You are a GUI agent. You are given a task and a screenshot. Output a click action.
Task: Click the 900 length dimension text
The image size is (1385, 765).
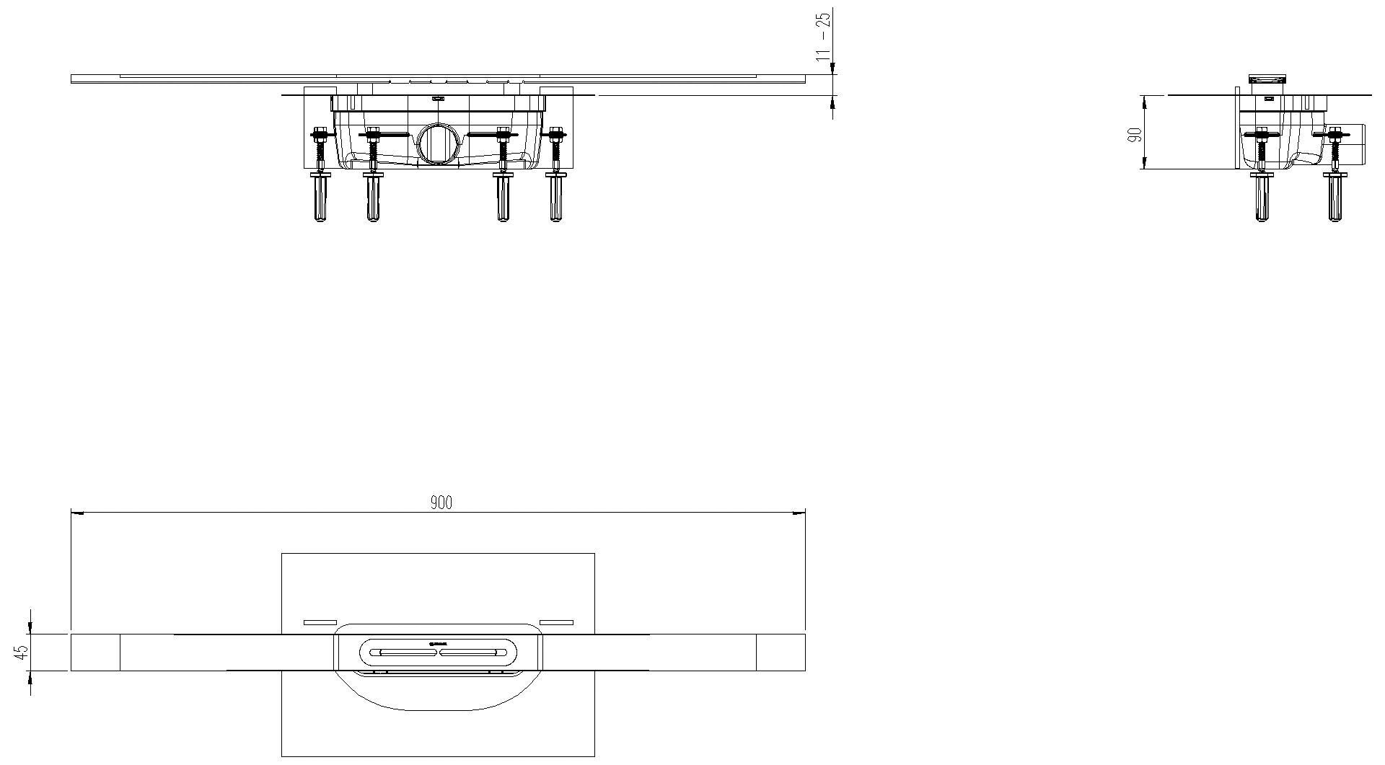[x=441, y=503]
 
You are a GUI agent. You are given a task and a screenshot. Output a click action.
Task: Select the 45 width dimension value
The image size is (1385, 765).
[x=22, y=652]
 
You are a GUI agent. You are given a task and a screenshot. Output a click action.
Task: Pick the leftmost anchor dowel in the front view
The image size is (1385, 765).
[x=319, y=198]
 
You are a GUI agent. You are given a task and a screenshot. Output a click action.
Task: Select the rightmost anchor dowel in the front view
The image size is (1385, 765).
[x=555, y=198]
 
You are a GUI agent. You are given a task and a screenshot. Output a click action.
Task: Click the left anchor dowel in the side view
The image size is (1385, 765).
[x=1262, y=198]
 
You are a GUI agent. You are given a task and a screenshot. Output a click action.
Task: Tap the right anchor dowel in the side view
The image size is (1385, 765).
[x=1332, y=198]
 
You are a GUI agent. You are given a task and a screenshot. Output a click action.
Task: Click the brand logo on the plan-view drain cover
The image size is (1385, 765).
[x=439, y=643]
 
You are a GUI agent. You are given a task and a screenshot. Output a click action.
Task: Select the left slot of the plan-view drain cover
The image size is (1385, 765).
[x=403, y=652]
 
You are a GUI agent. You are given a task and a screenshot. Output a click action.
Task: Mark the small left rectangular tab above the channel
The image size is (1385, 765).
[x=320, y=622]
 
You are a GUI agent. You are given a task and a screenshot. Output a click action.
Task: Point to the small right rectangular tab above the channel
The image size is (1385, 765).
[x=556, y=622]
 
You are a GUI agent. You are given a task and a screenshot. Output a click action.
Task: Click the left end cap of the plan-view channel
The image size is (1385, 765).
[x=95, y=653]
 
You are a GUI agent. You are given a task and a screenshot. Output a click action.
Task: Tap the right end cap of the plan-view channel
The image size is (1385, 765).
[x=781, y=653]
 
